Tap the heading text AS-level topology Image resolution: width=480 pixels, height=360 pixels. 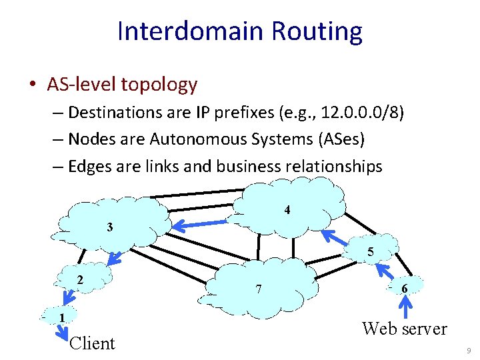click(x=122, y=85)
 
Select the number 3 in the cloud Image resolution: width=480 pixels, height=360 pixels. click(x=109, y=227)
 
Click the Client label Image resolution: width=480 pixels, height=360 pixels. click(x=92, y=343)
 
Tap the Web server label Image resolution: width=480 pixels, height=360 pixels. click(x=404, y=328)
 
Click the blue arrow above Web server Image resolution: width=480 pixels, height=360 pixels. click(x=404, y=307)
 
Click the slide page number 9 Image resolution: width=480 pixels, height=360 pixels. click(x=469, y=350)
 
